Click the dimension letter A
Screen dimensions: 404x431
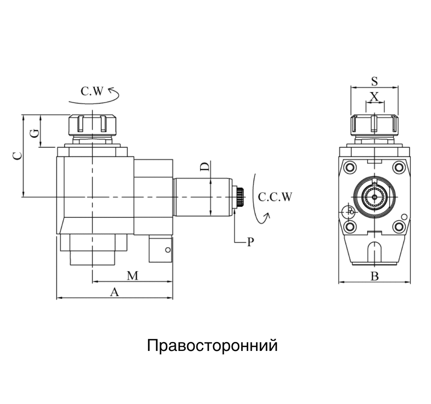(114, 292)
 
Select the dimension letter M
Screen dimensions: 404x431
(133, 276)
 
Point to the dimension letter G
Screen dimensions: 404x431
(35, 134)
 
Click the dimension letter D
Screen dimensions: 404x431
(205, 167)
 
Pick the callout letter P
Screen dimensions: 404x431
(251, 242)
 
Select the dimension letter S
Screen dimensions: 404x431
(374, 81)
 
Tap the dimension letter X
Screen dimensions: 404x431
(374, 96)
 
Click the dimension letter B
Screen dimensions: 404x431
(374, 277)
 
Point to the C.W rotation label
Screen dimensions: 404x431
(92, 91)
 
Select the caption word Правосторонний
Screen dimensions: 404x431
(212, 345)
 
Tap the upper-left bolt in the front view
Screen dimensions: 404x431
(350, 167)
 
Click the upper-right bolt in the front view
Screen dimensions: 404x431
(398, 167)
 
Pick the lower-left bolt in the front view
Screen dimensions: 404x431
(350, 226)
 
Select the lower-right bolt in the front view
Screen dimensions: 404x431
(398, 226)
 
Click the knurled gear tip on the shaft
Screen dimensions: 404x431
(240, 197)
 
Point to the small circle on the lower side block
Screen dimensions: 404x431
(167, 250)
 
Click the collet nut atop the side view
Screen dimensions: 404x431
(92, 124)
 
